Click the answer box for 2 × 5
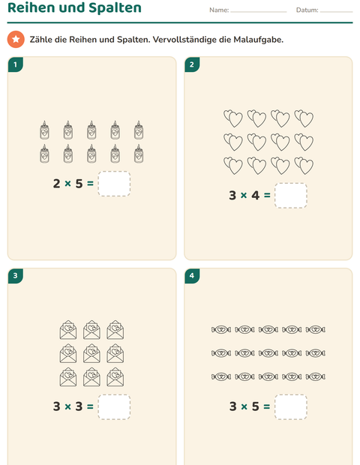114,184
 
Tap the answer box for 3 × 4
291,196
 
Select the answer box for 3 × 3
114,406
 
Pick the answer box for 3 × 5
291,406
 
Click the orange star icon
16,39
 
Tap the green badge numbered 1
16,64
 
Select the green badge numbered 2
192,64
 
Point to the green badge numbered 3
16,276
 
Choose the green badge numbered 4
192,276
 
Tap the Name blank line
259,12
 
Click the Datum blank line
336,12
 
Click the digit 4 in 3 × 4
255,196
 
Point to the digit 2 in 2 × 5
57,184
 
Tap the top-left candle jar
44,130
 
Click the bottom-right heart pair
304,166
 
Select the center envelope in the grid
91,353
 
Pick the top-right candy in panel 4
316,329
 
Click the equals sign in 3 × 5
267,406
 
